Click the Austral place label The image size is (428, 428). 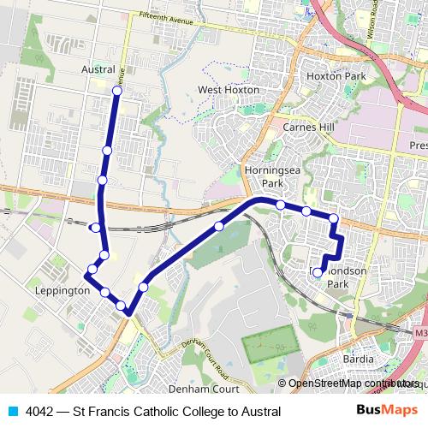[x=97, y=68]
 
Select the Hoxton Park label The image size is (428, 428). [x=336, y=76]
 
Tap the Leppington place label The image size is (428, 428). [x=62, y=291]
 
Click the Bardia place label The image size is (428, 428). [x=358, y=359]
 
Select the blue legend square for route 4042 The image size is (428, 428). [x=13, y=411]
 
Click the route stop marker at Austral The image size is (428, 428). [x=116, y=90]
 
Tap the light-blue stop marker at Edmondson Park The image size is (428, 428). [x=318, y=272]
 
